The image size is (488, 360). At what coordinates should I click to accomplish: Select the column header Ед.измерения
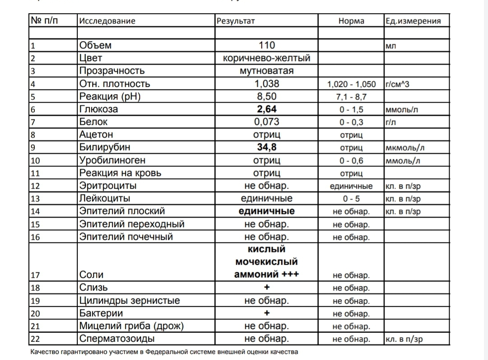pyautogui.click(x=413, y=21)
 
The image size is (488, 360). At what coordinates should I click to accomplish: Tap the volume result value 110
pyautogui.click(x=267, y=45)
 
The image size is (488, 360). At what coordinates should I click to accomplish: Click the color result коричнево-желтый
pyautogui.click(x=267, y=58)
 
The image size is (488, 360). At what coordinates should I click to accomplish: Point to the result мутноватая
pyautogui.click(x=267, y=71)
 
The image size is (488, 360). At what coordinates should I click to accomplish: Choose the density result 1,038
pyautogui.click(x=267, y=84)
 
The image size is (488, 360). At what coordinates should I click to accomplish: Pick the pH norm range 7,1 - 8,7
pyautogui.click(x=351, y=97)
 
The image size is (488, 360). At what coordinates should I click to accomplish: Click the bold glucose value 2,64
pyautogui.click(x=267, y=109)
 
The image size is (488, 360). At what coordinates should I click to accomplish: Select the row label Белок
pyautogui.click(x=94, y=122)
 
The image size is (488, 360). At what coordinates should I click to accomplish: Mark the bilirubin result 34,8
pyautogui.click(x=267, y=147)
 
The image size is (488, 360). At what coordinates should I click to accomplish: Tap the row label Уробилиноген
pyautogui.click(x=113, y=160)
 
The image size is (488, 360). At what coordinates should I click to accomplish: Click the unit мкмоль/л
pyautogui.click(x=405, y=148)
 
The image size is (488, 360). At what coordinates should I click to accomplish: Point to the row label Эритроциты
pyautogui.click(x=108, y=186)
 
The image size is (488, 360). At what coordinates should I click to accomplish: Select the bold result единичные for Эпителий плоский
pyautogui.click(x=267, y=211)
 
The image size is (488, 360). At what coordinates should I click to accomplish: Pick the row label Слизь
pyautogui.click(x=94, y=288)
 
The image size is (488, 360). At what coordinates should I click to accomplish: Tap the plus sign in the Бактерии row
pyautogui.click(x=267, y=313)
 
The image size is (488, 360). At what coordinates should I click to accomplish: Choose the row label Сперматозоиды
pyautogui.click(x=117, y=339)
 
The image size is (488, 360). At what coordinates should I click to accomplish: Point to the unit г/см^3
pyautogui.click(x=397, y=84)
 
